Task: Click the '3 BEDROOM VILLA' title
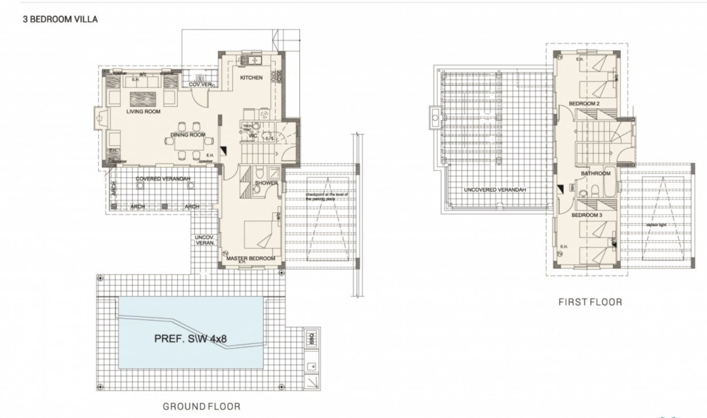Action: tap(60, 19)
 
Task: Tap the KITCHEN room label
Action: tap(251, 78)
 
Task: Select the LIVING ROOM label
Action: tap(143, 112)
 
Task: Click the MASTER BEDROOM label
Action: tap(250, 258)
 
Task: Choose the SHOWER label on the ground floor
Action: tap(266, 183)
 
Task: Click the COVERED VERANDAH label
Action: tap(163, 179)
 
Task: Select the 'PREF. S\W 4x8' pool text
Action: tap(190, 339)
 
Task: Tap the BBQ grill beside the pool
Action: tap(310, 337)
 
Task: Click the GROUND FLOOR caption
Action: tap(201, 406)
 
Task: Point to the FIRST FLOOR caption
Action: tap(590, 302)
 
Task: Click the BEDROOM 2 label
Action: tap(584, 104)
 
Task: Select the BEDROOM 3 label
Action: tap(586, 215)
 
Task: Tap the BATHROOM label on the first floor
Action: tap(595, 173)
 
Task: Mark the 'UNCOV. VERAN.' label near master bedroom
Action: tap(204, 240)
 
